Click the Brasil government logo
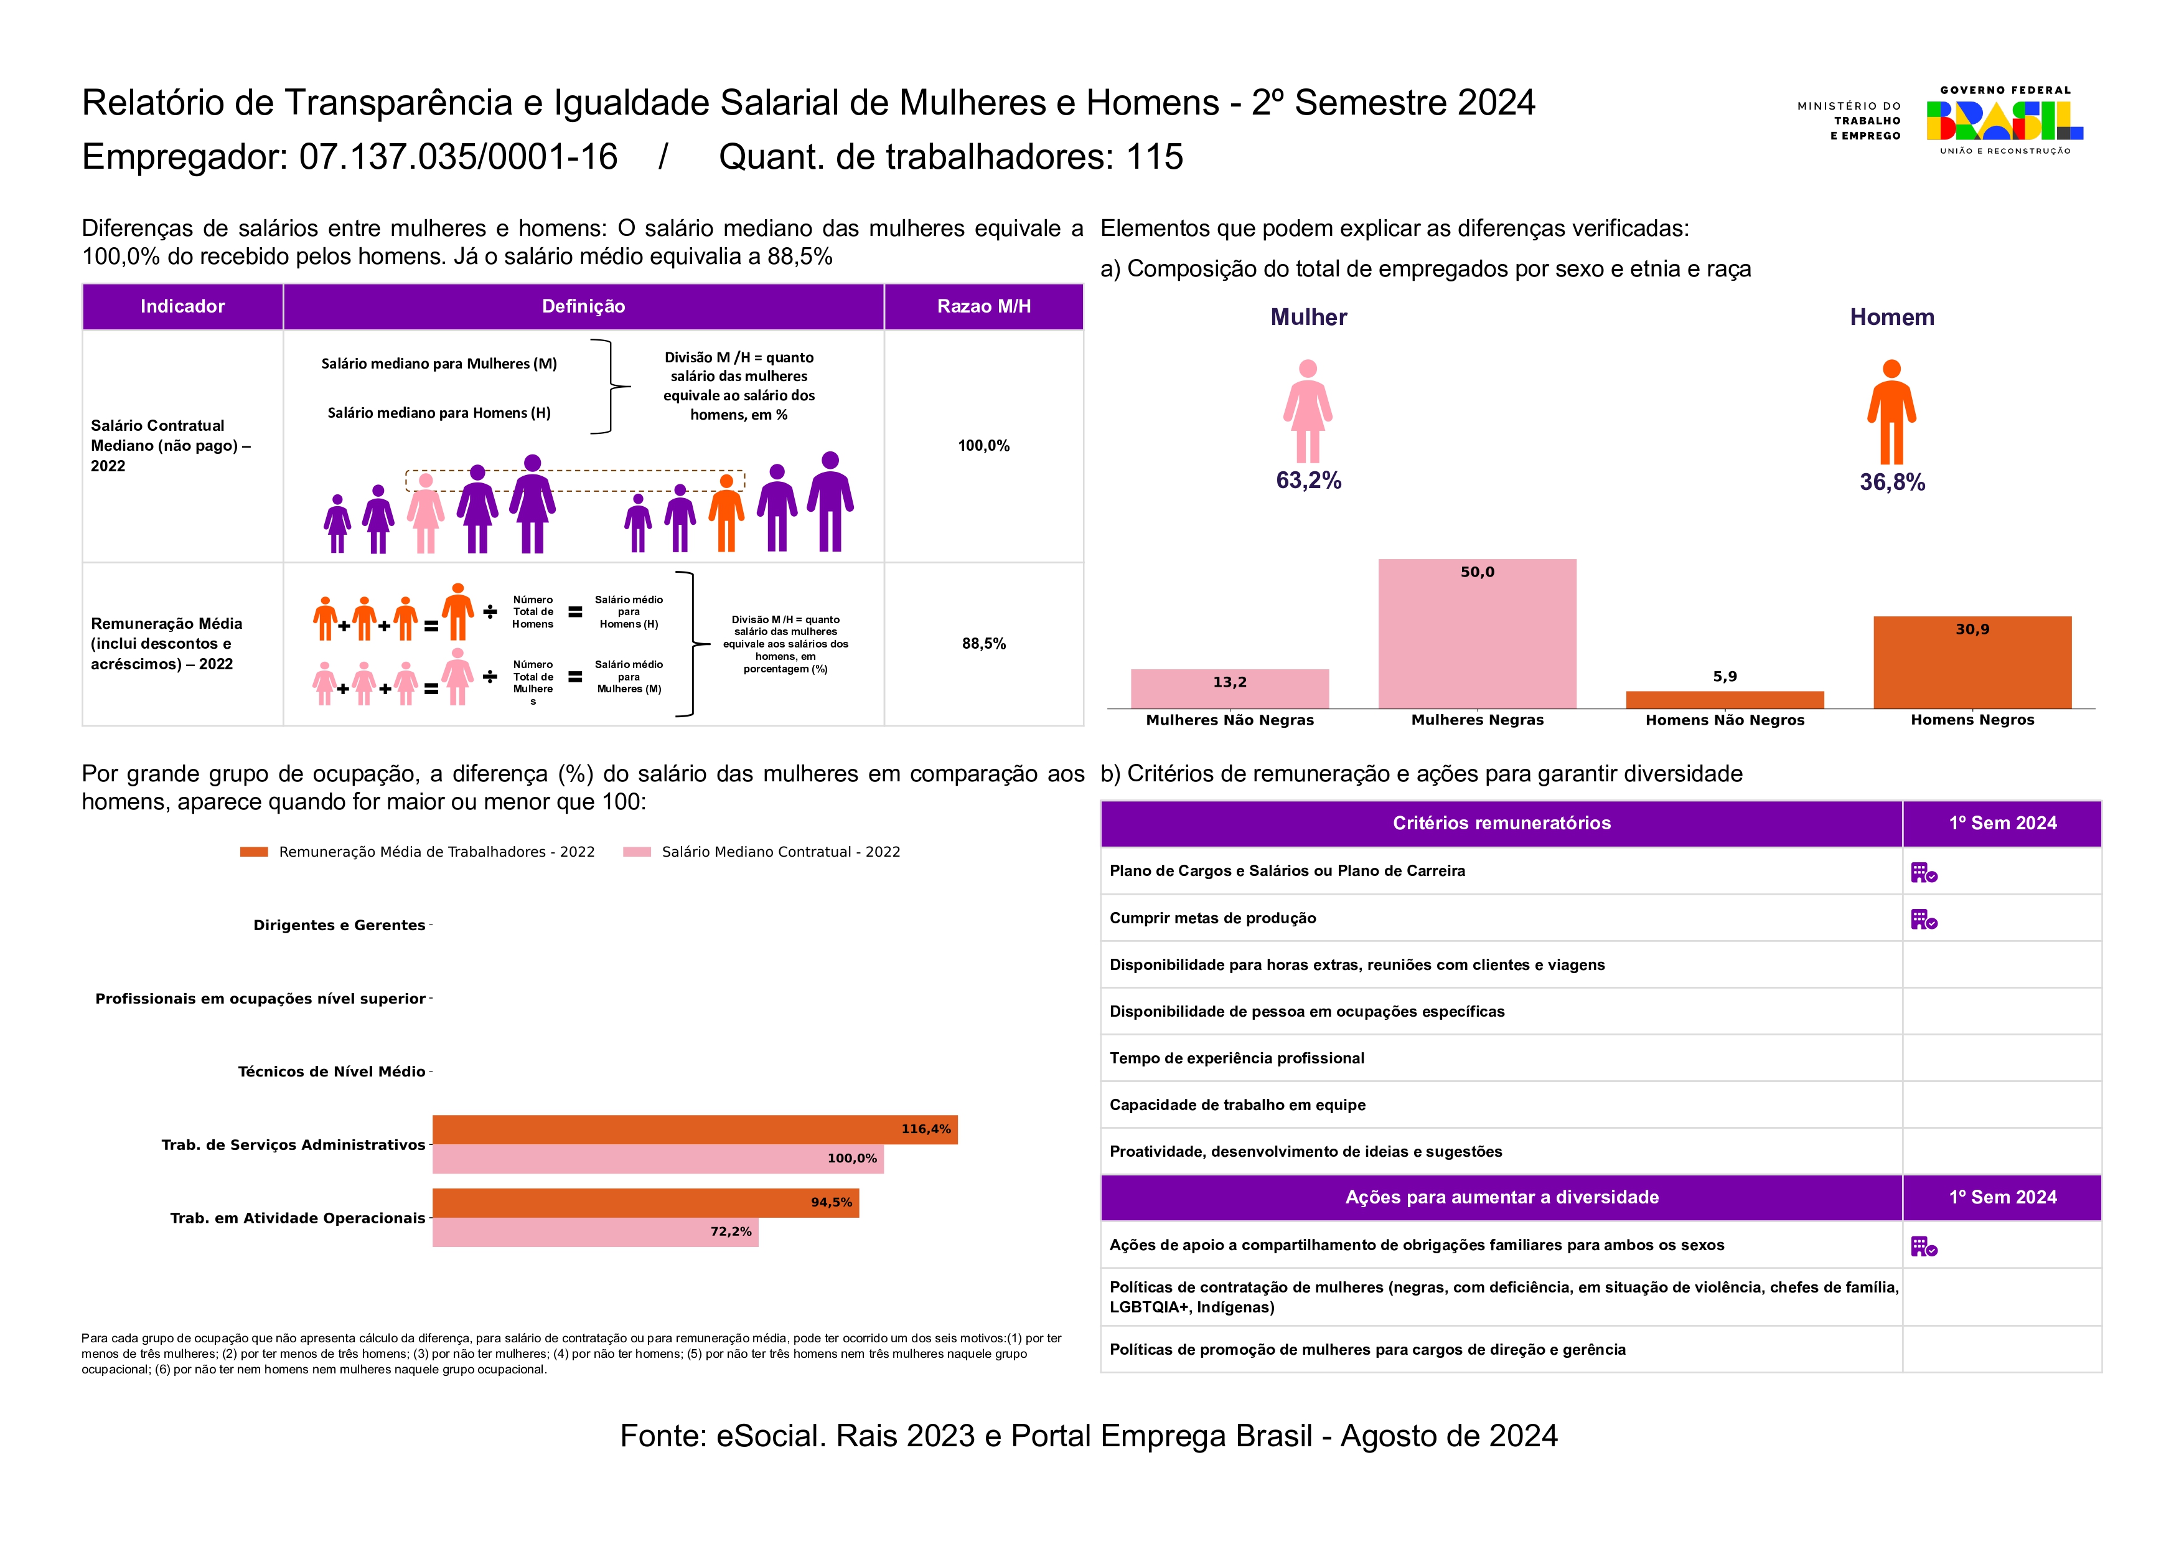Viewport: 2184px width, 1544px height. point(2004,121)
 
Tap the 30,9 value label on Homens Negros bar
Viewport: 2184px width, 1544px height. point(1971,629)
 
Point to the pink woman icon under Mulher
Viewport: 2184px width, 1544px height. point(1307,411)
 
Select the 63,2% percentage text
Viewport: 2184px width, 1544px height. point(1308,481)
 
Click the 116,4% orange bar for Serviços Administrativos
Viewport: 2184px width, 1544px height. point(695,1129)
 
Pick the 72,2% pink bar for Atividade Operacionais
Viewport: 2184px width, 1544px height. point(594,1232)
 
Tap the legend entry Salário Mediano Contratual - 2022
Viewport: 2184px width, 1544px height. point(780,852)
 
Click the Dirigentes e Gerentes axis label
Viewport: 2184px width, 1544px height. point(339,925)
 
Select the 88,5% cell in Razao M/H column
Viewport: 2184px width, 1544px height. point(983,644)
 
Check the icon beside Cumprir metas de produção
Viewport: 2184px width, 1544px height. point(1923,919)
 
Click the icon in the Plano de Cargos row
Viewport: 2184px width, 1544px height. point(1923,872)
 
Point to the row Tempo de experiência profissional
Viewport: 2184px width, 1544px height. point(1237,1058)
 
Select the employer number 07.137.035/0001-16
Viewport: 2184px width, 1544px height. point(459,157)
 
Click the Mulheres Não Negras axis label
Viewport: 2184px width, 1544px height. point(1229,720)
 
